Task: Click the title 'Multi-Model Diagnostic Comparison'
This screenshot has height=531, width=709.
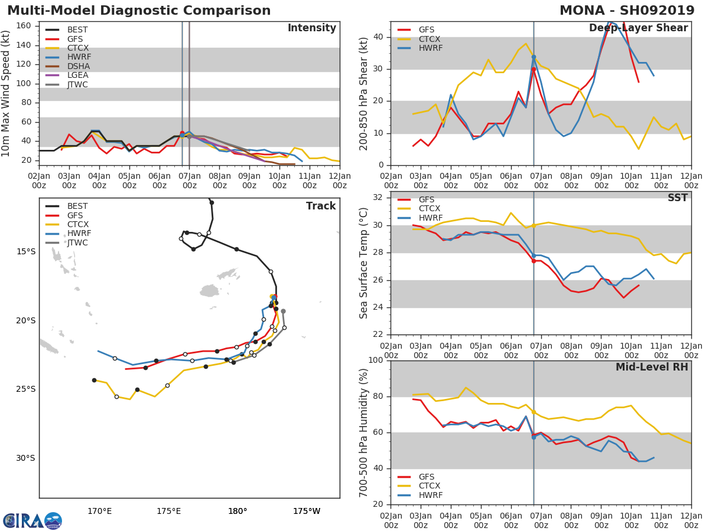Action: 139,11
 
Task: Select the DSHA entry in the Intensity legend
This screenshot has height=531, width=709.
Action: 77,66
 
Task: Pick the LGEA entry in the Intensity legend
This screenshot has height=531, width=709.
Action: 77,75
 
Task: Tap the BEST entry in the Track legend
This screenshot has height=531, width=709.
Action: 77,206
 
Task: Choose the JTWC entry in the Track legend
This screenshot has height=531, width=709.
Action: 77,242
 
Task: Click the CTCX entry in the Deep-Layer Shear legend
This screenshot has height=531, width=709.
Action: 430,39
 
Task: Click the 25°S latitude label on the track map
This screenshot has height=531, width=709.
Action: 25,389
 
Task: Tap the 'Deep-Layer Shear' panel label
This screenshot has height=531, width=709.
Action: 638,28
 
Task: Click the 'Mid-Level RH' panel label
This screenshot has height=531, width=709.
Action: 651,367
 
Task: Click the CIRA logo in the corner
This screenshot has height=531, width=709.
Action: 32,520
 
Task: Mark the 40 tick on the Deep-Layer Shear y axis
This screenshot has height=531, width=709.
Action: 378,37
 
